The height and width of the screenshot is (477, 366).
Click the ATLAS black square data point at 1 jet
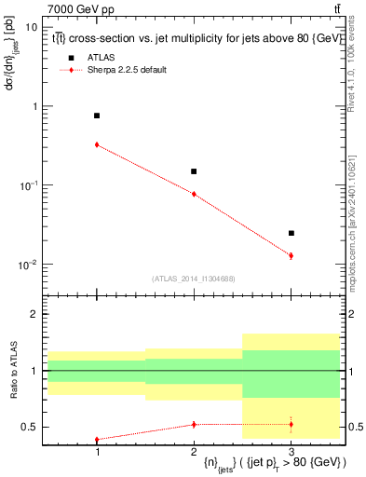pos(97,116)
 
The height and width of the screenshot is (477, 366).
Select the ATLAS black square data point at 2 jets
pos(194,171)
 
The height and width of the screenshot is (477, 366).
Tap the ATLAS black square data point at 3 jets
pos(291,233)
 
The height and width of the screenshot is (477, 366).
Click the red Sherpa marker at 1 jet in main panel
pos(97,144)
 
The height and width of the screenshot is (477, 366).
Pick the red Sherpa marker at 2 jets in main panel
pos(194,194)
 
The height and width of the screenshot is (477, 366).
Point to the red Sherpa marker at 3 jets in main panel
pos(291,255)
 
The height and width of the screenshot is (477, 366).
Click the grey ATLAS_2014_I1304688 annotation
pos(194,279)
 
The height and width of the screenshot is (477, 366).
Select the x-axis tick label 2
pos(194,450)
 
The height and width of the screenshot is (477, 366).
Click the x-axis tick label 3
pos(291,450)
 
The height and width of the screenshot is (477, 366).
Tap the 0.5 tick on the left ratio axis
pos(30,428)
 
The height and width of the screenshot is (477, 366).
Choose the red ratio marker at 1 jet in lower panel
pos(97,440)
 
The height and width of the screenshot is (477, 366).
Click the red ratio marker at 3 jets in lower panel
pos(291,424)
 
